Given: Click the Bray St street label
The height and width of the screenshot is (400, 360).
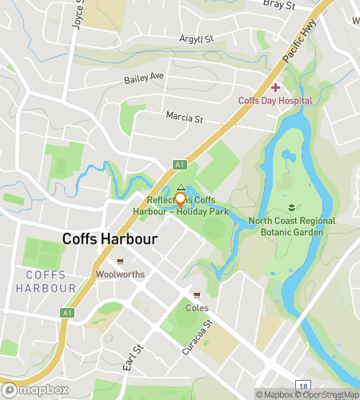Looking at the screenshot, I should pos(278,5).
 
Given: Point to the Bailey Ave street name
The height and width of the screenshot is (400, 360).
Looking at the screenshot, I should pos(143,78).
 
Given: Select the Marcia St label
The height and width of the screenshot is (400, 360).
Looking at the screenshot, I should pos(185,118).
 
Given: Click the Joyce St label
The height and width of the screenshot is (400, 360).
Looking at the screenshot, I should pos(78,14).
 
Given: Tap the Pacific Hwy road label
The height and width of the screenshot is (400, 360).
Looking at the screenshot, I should pos(295,49).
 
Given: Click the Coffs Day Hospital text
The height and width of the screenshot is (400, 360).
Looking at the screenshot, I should pos(274,101).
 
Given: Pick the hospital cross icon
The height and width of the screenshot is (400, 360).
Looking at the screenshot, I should pos(274,87).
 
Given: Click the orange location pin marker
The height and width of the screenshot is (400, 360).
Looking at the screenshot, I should pos(181,200).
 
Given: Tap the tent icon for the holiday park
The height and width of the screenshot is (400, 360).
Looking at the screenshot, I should pos(181,186).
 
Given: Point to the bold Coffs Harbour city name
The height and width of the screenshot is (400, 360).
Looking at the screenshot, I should pos(109,239).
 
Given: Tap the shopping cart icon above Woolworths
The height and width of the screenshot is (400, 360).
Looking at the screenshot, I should pos(119,261).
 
